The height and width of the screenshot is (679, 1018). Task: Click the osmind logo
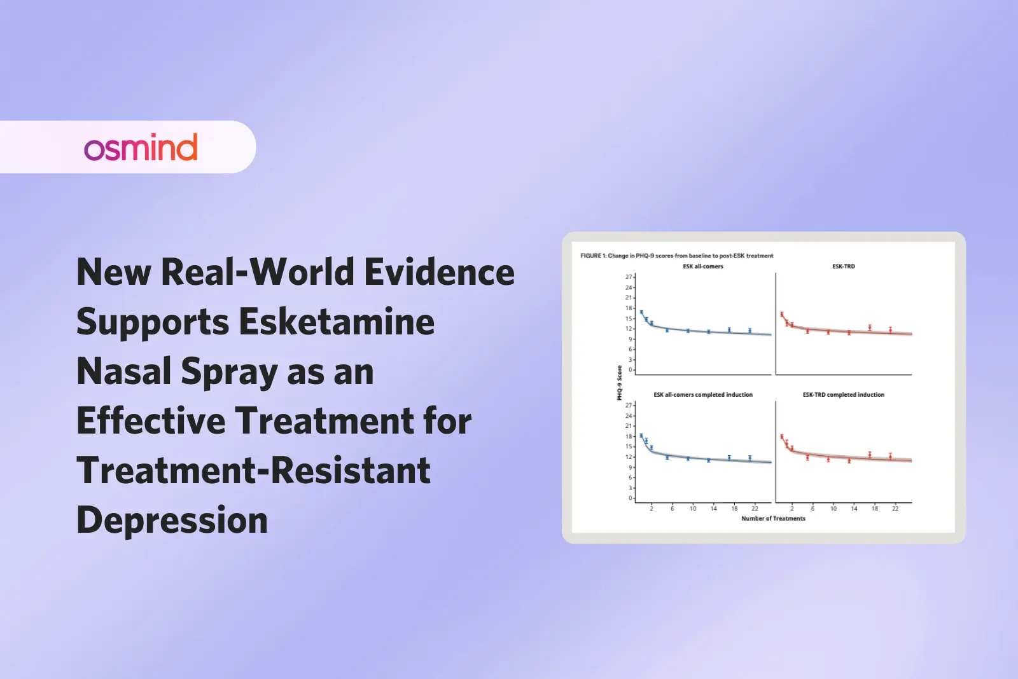point(141,147)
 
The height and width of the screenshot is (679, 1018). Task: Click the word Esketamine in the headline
point(337,322)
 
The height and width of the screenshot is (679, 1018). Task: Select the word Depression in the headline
point(172,521)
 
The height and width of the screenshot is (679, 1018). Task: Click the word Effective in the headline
point(150,421)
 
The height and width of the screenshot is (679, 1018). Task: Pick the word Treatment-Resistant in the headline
point(253,471)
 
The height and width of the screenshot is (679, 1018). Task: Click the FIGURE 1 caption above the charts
point(676,256)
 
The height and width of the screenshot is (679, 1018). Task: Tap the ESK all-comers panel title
point(703,266)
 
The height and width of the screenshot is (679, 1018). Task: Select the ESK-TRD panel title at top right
point(844,266)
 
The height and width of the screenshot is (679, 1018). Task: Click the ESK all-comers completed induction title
point(703,395)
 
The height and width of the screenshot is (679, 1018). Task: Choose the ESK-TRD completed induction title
point(844,395)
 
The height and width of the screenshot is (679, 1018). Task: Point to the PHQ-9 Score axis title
point(619,383)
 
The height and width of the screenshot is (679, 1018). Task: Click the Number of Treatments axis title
point(773,519)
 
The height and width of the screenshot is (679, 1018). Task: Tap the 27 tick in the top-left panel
point(628,277)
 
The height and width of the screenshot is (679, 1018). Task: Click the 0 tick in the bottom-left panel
point(630,498)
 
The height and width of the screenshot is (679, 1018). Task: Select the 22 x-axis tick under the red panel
point(895,509)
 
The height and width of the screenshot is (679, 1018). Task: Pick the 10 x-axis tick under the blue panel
point(693,509)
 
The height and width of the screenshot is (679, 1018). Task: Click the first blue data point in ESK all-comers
point(641,313)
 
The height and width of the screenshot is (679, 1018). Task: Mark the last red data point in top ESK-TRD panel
point(890,330)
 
